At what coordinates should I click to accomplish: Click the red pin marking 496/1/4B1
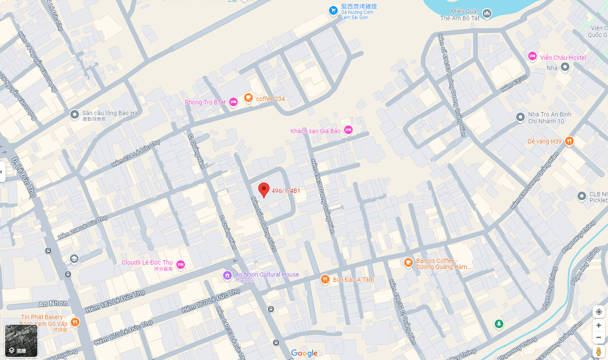(263, 189)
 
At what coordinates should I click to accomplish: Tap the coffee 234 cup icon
(248, 98)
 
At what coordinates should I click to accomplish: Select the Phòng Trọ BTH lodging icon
(233, 102)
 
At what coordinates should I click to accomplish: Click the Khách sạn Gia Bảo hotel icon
(348, 130)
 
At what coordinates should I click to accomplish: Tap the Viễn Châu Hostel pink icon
(532, 56)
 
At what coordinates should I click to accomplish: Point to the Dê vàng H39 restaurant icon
(569, 141)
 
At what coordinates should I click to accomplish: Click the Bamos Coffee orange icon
(408, 262)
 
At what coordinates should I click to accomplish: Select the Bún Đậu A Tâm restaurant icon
(325, 279)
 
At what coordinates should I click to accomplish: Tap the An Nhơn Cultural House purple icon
(227, 275)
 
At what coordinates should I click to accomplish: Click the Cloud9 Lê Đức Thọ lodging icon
(180, 264)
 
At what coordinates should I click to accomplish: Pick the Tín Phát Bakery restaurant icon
(75, 321)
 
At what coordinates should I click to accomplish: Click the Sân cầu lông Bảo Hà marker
(74, 115)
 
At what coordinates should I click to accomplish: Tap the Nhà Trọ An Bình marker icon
(520, 117)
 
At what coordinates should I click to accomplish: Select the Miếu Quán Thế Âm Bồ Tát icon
(487, 13)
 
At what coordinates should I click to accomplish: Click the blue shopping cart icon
(333, 10)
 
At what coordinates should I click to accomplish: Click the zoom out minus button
(599, 337)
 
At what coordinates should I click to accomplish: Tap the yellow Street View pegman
(599, 351)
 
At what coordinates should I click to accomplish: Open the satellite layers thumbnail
(21, 341)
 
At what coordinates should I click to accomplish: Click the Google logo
(305, 353)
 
